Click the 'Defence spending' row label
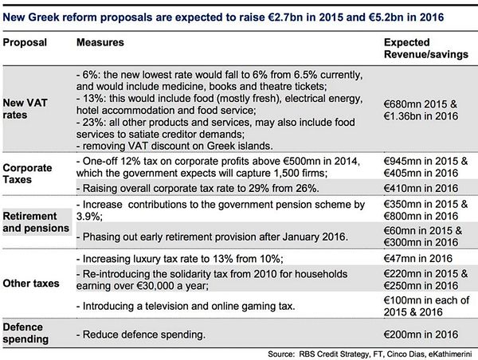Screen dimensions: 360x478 tap(29, 332)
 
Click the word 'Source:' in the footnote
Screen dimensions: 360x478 tap(284, 351)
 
